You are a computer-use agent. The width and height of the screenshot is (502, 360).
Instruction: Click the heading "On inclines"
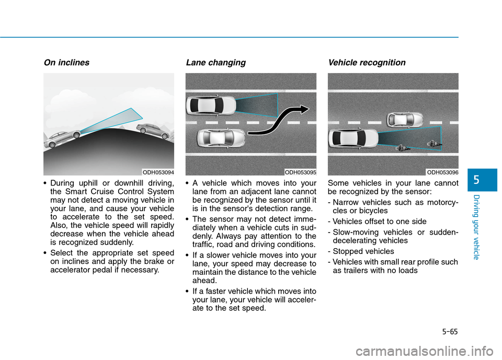[x=66, y=62]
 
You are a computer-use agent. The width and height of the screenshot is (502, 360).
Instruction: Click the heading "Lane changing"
[x=216, y=63]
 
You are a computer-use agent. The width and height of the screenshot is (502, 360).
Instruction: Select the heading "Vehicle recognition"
[x=367, y=63]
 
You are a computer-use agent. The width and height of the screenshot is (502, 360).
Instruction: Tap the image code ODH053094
[x=158, y=172]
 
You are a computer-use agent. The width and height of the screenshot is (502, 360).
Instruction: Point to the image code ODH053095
[x=300, y=172]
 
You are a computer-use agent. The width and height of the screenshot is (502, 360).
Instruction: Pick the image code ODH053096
[x=442, y=172]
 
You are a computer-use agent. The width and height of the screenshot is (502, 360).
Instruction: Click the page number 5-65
[x=450, y=331]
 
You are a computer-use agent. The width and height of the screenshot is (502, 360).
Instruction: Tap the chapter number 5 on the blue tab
[x=476, y=180]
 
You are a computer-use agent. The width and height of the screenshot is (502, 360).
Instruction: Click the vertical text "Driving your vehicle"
[x=476, y=227]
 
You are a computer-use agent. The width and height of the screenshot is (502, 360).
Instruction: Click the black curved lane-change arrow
[x=277, y=120]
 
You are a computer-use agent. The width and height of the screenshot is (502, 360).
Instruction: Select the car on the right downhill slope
[x=153, y=131]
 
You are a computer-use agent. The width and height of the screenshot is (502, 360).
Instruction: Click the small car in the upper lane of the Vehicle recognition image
[x=405, y=120]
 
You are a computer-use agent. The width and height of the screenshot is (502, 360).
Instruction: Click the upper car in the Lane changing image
[x=211, y=105]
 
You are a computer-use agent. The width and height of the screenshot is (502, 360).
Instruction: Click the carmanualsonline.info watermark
[x=425, y=351]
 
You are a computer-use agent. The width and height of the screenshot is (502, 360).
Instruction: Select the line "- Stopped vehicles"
[x=361, y=251]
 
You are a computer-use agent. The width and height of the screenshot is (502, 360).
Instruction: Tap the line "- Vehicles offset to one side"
[x=377, y=222]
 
